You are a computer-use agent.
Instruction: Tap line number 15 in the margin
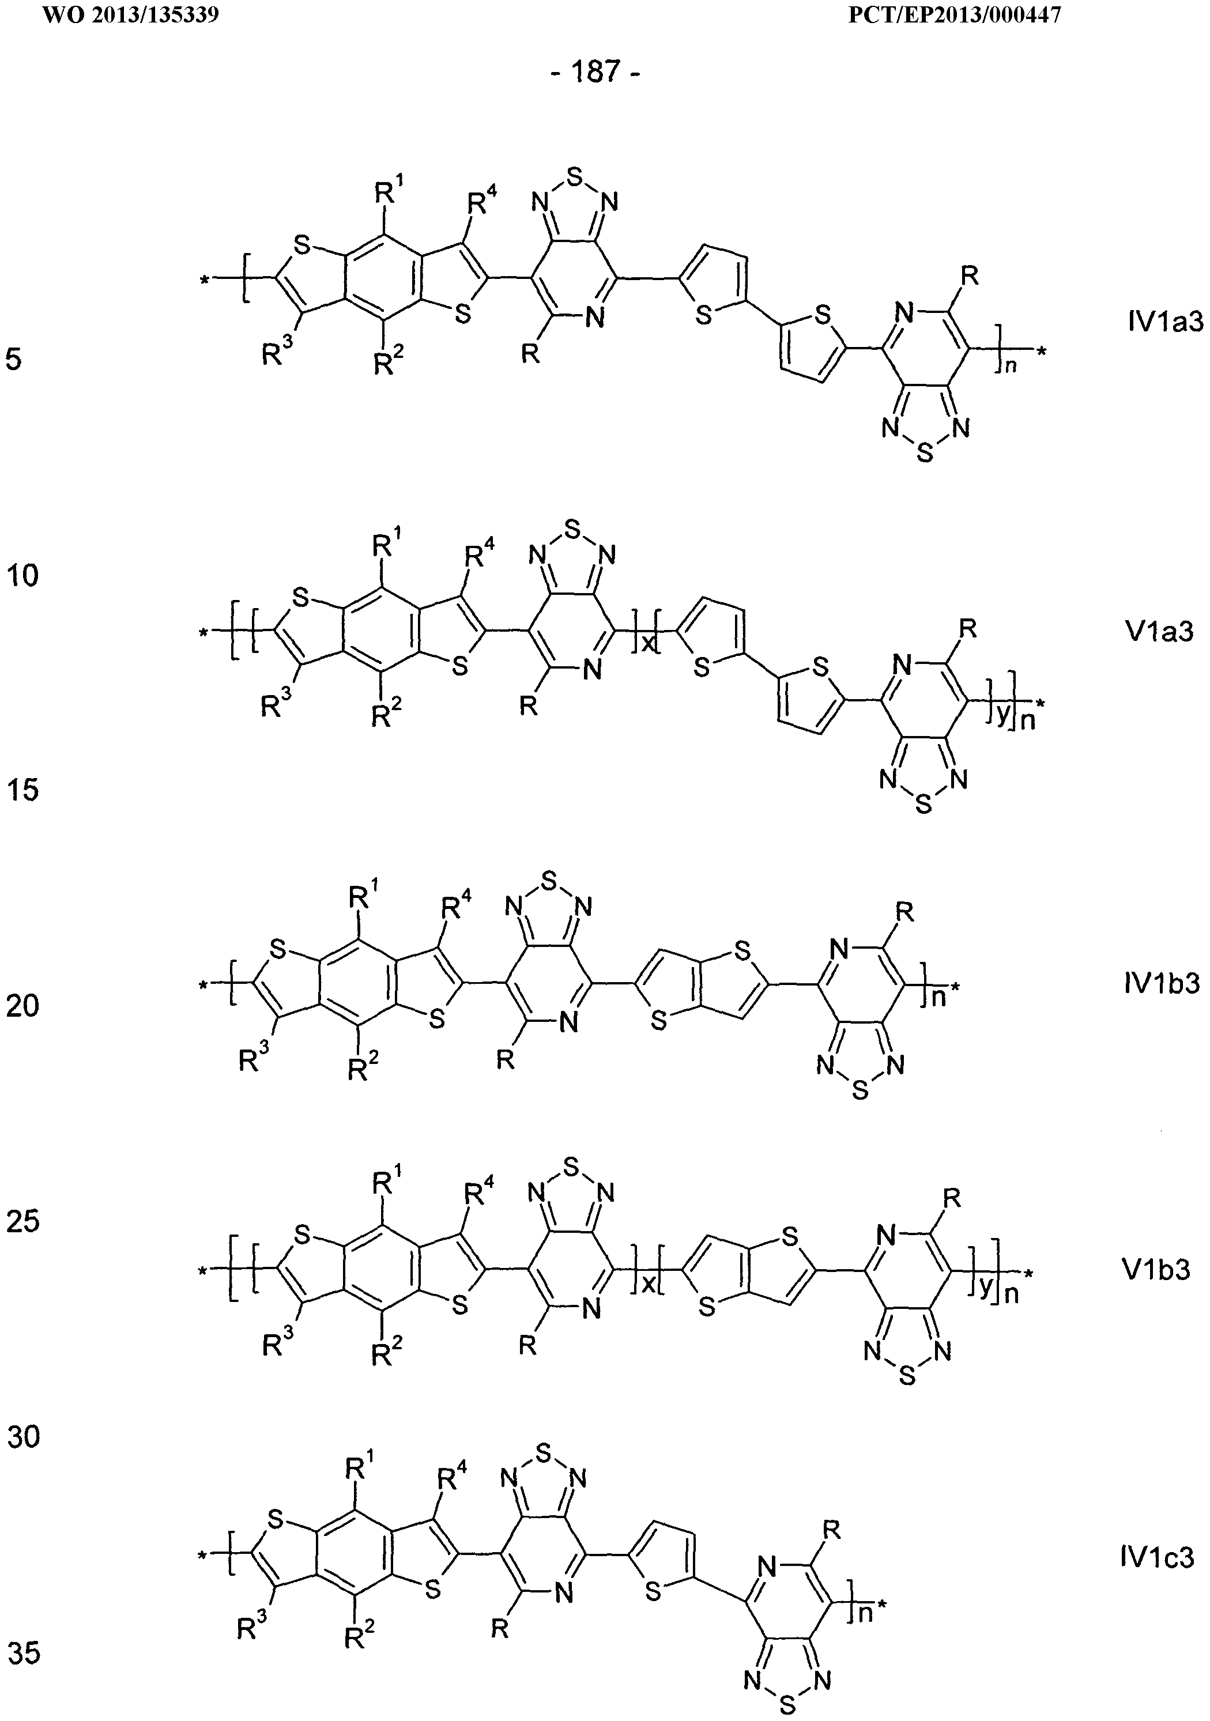pos(22,789)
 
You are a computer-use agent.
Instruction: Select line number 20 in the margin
pos(22,1005)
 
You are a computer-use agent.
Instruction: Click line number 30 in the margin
pos(22,1436)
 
